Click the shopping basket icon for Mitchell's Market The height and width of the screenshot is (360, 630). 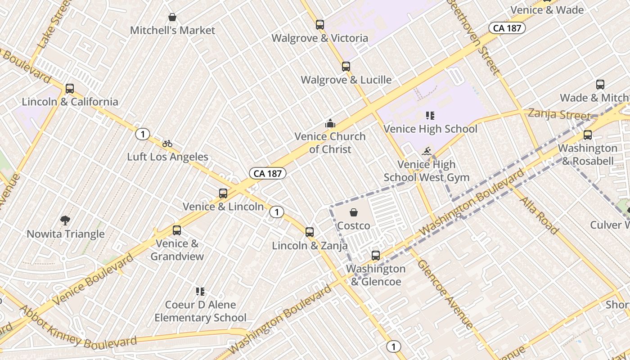172,18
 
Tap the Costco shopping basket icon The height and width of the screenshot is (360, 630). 354,212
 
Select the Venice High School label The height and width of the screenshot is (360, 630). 430,129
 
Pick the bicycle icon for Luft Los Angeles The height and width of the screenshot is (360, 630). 167,144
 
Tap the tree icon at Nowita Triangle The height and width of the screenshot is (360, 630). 65,220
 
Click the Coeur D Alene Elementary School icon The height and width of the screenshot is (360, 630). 200,292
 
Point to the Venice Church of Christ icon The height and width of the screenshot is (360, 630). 330,123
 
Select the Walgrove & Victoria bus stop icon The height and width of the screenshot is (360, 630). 320,25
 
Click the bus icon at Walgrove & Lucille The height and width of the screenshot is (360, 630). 346,67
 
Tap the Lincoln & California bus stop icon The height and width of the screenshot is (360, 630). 70,89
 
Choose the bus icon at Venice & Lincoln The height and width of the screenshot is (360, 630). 223,193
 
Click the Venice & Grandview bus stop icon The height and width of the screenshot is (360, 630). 177,230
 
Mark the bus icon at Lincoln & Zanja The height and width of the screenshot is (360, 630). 310,232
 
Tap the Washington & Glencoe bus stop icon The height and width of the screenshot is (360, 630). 376,256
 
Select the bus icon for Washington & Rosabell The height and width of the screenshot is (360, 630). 587,135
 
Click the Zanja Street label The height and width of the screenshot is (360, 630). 559,114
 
